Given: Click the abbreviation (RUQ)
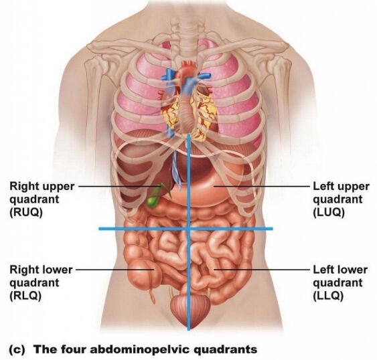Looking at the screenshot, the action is tap(26, 212).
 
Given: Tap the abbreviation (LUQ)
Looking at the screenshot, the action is tap(329, 212).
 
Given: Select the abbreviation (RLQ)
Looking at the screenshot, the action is tap(25, 296).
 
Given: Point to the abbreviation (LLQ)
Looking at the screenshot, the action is tap(328, 296).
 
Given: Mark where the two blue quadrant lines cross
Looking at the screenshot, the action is tap(189, 228).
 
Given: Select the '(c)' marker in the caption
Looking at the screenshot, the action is tap(17, 349).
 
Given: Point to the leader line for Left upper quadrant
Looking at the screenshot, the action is tap(262, 186).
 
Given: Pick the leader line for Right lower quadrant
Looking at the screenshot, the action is tap(115, 270).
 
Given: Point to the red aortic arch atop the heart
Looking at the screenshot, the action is tap(188, 67).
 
